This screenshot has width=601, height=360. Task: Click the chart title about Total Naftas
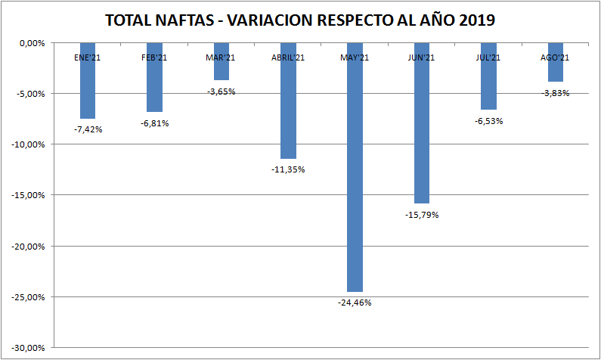[x=300, y=20]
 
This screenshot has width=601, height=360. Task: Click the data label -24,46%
[x=355, y=303]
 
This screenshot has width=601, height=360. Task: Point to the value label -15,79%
[x=422, y=215]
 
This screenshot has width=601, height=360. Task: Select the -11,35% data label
[x=288, y=169]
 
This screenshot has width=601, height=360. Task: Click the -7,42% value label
[x=88, y=129]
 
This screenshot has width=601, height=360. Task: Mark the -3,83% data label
[x=555, y=93]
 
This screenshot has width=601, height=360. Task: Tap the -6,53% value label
[x=488, y=120]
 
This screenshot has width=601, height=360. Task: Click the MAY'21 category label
[x=355, y=57]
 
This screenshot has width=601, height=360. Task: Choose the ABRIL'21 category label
[x=288, y=57]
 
